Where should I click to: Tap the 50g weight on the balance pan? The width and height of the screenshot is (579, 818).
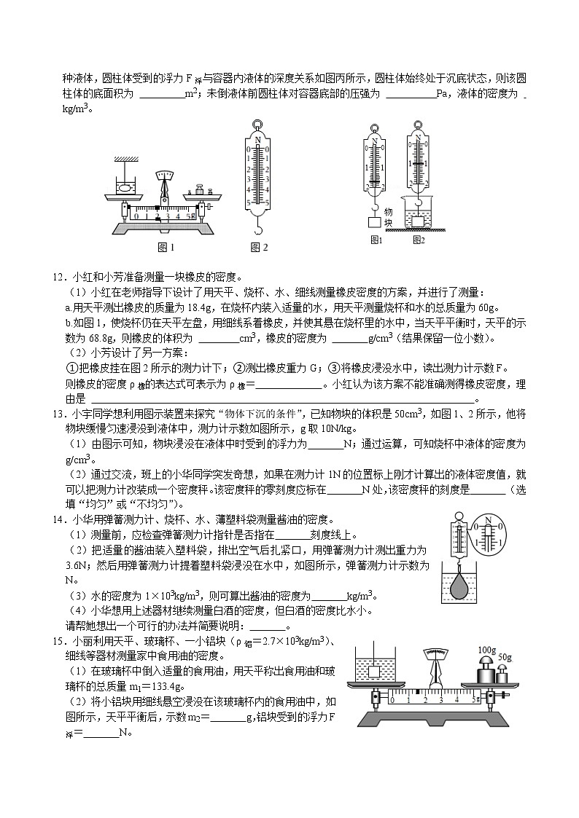[502, 674]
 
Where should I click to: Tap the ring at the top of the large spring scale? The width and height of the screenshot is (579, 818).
[257, 126]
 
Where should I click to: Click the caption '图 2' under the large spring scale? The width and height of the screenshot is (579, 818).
[259, 248]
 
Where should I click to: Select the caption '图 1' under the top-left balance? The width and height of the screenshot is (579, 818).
[166, 248]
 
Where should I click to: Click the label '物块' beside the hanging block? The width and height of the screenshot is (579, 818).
[388, 217]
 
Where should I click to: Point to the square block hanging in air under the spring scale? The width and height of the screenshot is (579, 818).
[375, 222]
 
